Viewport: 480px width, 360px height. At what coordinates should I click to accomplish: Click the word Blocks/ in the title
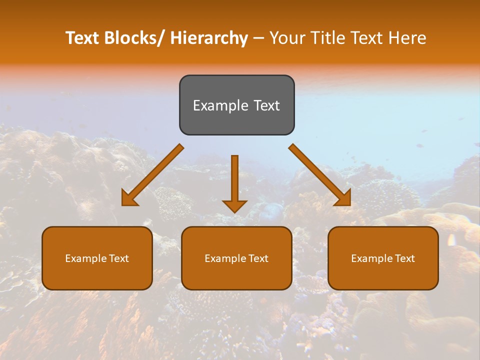133,38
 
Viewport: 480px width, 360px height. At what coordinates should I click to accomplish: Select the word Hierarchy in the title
208,38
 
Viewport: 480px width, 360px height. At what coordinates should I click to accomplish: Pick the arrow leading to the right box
320,175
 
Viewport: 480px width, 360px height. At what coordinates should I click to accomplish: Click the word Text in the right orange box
404,258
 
